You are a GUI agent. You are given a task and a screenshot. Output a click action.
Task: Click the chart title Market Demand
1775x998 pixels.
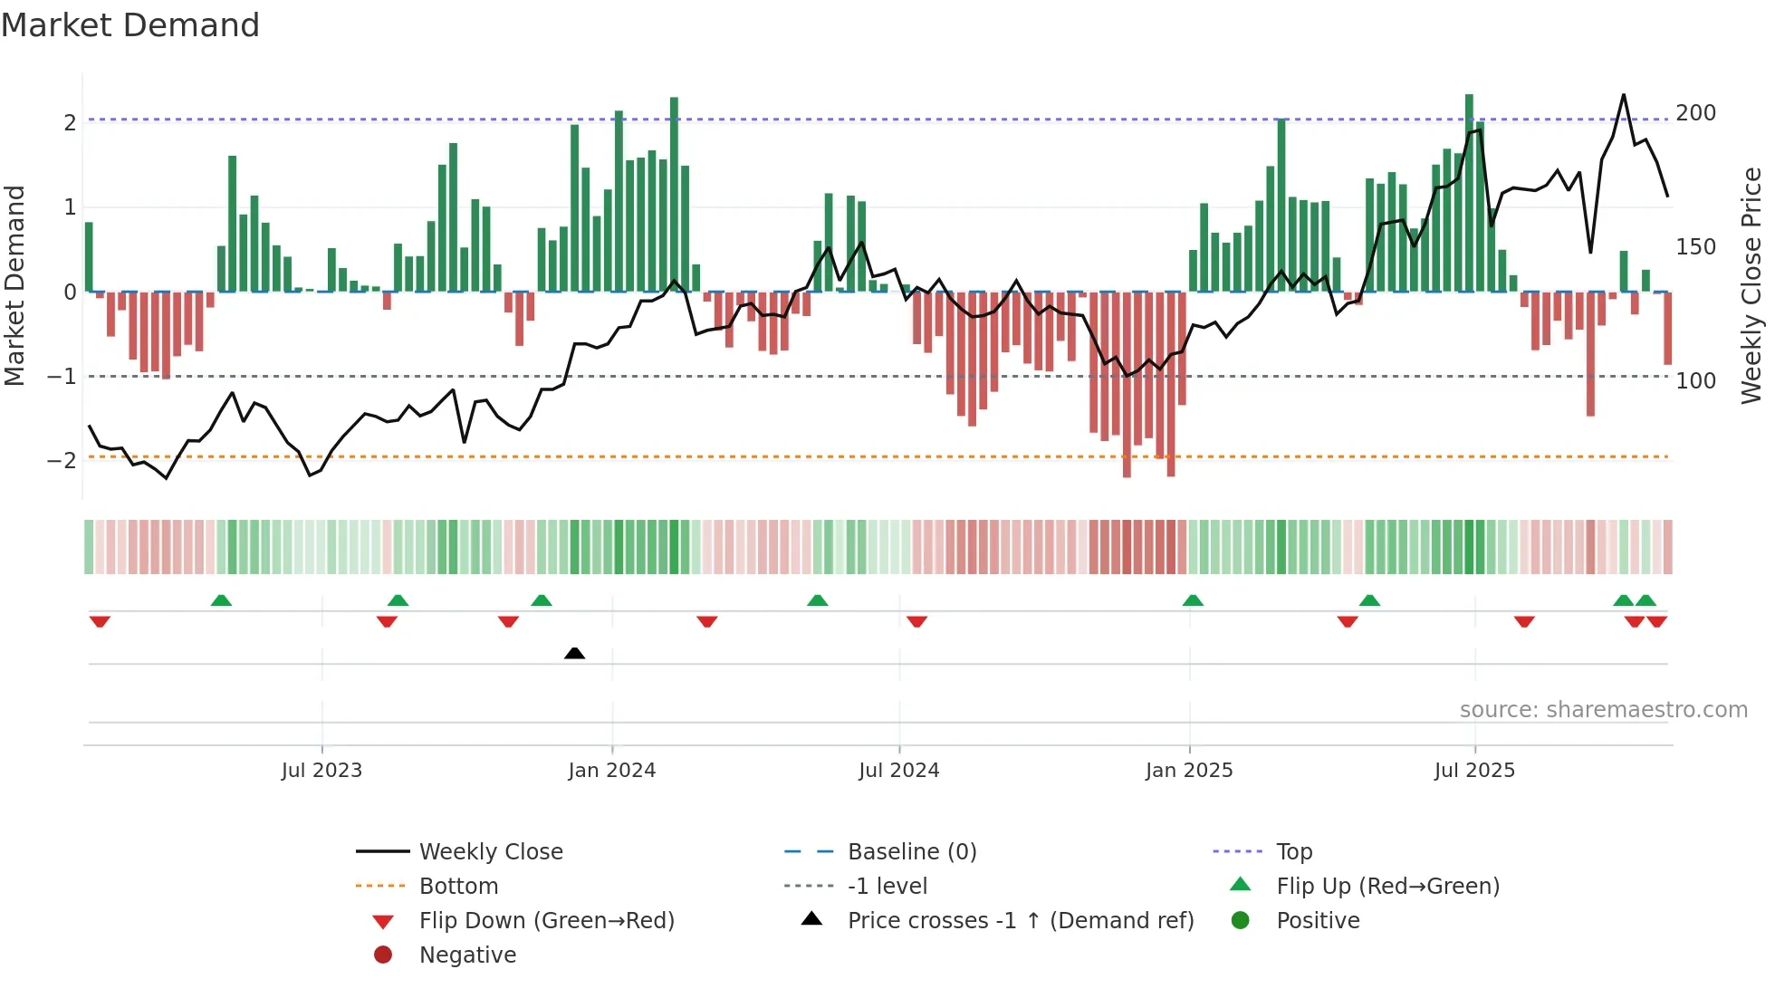(130, 25)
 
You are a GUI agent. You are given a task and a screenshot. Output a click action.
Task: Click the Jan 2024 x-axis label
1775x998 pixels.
(611, 771)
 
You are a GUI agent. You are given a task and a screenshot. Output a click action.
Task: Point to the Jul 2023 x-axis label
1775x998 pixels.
(321, 771)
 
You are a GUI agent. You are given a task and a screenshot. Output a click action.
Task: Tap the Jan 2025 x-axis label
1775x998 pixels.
(1188, 771)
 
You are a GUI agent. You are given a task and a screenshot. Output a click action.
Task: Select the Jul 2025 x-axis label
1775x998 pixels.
(1474, 771)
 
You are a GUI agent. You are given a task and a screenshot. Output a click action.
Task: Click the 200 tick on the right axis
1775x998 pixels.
(1695, 113)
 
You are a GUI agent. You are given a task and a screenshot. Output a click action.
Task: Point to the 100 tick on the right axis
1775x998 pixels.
(1695, 381)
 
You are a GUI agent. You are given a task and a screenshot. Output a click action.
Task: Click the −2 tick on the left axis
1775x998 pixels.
(62, 461)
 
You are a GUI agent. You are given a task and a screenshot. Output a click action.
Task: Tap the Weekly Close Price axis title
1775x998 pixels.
(1751, 285)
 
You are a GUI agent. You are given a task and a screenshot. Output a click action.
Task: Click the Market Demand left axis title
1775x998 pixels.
(14, 285)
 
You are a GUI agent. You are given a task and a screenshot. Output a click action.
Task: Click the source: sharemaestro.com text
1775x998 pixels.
(1603, 710)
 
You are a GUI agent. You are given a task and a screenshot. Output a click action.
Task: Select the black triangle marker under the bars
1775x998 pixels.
(574, 653)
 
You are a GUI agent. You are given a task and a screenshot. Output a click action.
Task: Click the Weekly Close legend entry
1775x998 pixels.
(490, 852)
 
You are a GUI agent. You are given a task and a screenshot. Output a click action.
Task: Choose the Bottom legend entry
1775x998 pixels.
(458, 887)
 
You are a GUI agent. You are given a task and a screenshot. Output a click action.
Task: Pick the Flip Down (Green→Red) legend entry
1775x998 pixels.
(546, 921)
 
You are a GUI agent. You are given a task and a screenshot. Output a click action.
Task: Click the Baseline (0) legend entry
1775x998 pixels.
(911, 852)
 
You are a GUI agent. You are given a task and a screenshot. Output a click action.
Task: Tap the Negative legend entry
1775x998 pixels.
(467, 955)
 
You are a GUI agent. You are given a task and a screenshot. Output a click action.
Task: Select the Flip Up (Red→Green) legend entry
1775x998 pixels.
(1387, 887)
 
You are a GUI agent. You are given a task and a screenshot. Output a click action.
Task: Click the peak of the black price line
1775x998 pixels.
(1623, 95)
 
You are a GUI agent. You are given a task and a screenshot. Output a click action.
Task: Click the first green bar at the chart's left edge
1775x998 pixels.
(89, 257)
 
